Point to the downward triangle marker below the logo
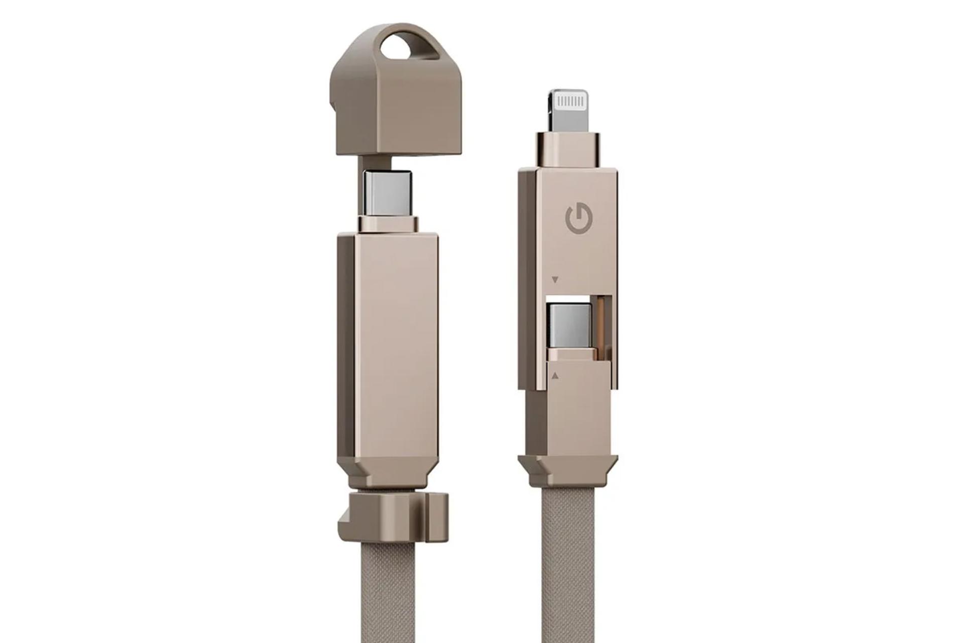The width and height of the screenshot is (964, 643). click(x=555, y=279)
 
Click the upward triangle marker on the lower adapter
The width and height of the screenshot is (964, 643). click(x=555, y=375)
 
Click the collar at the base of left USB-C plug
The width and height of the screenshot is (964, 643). click(x=387, y=224)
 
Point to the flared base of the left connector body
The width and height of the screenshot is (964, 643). click(x=392, y=470)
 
